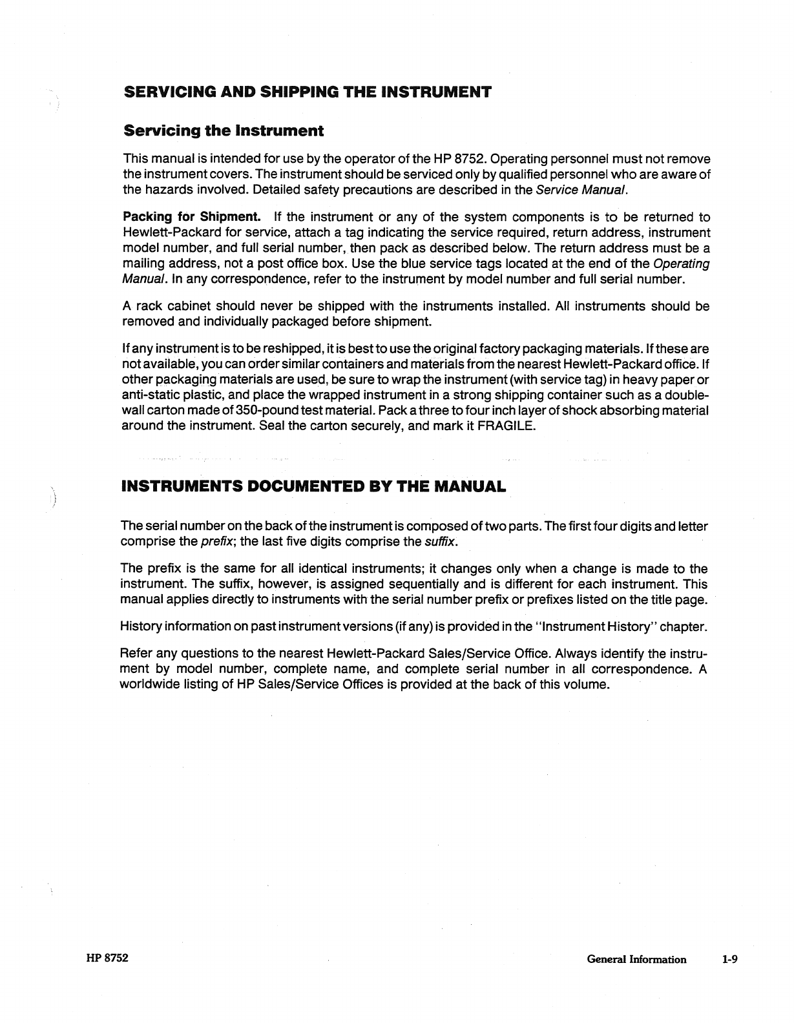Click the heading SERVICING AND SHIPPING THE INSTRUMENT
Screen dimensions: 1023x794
pos(308,91)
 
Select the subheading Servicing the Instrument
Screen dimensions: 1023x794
pos(224,131)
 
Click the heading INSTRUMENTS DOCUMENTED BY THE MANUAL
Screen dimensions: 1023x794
pos(313,486)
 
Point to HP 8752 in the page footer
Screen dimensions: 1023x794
pos(107,958)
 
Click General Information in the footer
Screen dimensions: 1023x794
pos(636,960)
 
